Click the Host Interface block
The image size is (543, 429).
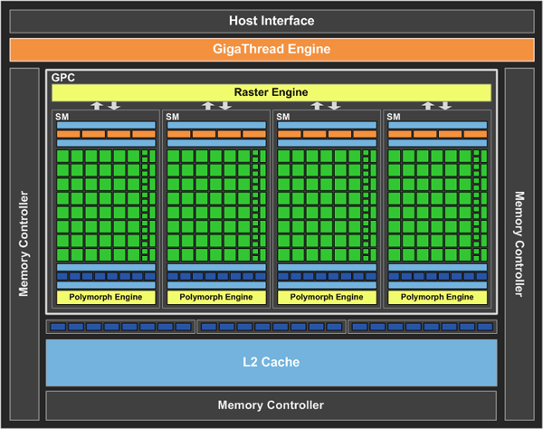point(271,21)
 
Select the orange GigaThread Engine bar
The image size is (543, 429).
point(271,50)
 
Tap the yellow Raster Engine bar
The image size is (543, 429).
point(271,92)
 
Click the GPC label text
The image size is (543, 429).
point(63,78)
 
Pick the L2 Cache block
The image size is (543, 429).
point(271,363)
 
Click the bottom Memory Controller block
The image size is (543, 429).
point(271,405)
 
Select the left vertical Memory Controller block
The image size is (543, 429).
point(24,244)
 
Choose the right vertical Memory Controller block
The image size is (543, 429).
point(519,244)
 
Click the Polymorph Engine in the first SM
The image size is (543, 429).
point(106,297)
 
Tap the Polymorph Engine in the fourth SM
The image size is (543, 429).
point(437,297)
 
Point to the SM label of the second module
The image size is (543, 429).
point(173,117)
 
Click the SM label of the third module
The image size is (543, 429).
point(283,117)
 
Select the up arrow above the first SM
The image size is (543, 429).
point(97,106)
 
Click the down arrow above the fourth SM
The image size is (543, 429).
point(445,106)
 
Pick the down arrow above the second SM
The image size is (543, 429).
point(225,106)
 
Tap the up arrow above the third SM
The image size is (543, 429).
point(317,106)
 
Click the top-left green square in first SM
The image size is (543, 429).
point(62,157)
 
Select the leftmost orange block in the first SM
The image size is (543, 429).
point(68,134)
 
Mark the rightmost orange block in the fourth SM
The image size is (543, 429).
point(475,134)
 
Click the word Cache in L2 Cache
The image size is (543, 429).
point(281,362)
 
